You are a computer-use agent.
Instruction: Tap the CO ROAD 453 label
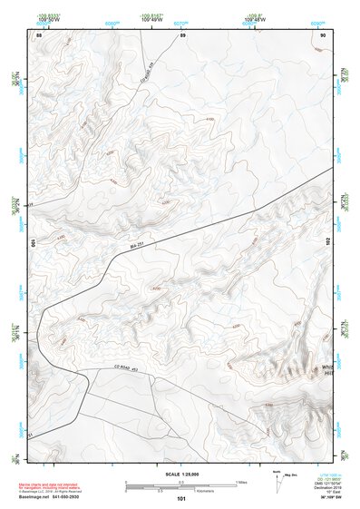124,366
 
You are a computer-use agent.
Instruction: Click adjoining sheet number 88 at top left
38,34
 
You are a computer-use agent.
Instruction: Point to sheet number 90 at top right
324,34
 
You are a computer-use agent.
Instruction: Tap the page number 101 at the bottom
181,498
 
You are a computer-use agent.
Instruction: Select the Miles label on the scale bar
241,481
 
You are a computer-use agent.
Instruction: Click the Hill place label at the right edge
325,374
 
